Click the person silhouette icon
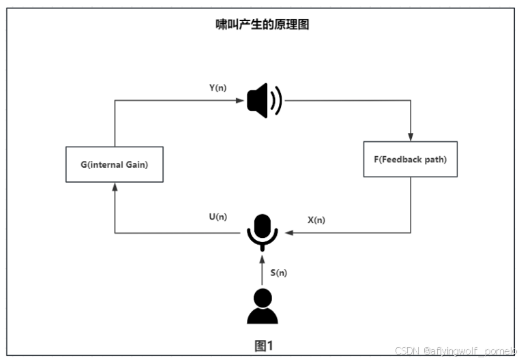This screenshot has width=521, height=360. tap(262, 307)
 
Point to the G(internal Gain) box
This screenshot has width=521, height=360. tap(114, 164)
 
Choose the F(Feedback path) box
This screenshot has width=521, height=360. tap(410, 159)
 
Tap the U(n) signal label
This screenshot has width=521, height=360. tap(218, 217)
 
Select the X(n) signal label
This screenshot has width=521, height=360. tap(316, 220)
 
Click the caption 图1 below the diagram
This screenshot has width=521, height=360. tap(264, 345)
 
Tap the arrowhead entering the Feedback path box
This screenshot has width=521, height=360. tap(411, 136)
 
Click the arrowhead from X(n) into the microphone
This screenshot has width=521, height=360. tap(288, 233)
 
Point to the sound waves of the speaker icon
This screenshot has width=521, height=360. tap(276, 101)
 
